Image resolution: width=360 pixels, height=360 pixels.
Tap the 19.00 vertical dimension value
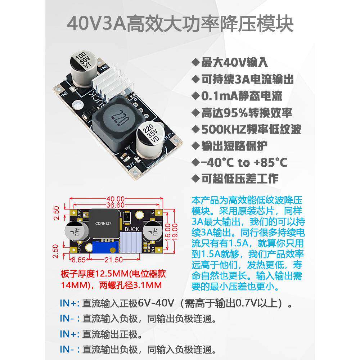[x=174, y=232]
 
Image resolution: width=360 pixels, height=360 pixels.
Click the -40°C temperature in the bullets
[x=218, y=163]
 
